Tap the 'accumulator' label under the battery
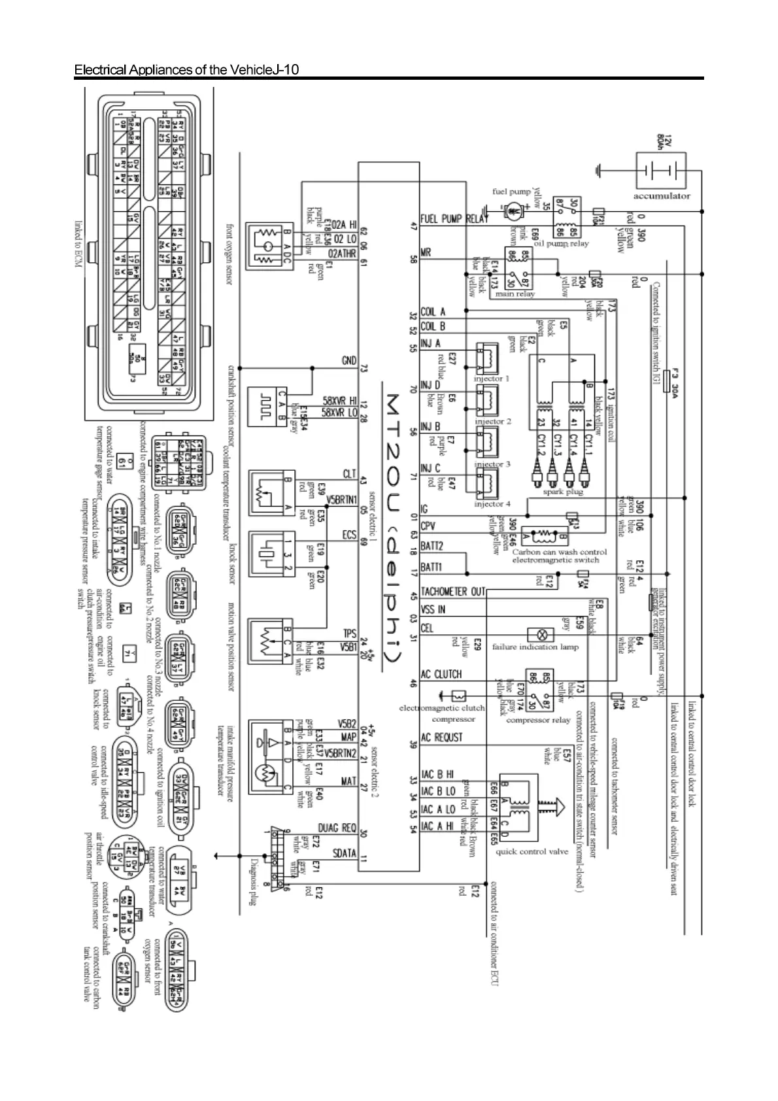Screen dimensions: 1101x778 tap(661, 195)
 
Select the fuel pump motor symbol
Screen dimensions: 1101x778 tap(514, 210)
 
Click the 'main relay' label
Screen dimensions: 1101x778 tap(515, 294)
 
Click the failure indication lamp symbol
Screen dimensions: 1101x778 tap(541, 634)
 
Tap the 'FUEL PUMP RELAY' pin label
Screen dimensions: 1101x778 tap(454, 219)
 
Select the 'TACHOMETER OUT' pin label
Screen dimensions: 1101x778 tap(452, 592)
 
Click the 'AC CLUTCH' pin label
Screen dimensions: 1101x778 tap(441, 674)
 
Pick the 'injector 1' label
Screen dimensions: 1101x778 tap(491, 379)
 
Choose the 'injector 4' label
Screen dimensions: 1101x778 tap(491, 504)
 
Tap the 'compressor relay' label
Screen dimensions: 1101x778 tap(538, 720)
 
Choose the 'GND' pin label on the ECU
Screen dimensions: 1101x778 tap(348, 361)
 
